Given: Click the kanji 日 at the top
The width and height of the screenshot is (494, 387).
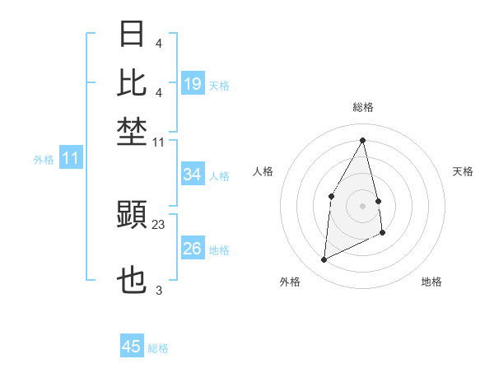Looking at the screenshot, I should [x=133, y=35].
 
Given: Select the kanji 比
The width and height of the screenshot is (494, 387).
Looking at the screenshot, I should [x=133, y=82].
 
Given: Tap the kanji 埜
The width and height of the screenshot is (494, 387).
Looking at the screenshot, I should [x=133, y=131].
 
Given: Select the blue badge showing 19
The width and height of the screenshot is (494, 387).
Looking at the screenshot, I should [x=193, y=84].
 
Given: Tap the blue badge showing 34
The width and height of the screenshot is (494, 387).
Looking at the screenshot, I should [x=193, y=175].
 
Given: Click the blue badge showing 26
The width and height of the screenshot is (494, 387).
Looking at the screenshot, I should [x=193, y=249].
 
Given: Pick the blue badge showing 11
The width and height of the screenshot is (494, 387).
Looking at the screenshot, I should [x=70, y=158].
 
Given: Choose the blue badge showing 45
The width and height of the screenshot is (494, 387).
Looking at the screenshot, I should [x=132, y=347].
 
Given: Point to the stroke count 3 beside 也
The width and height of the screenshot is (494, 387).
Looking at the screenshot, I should [x=159, y=291].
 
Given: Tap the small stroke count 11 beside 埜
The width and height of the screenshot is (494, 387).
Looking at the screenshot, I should [x=159, y=142].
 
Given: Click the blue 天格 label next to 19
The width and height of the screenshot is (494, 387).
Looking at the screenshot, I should [x=219, y=85].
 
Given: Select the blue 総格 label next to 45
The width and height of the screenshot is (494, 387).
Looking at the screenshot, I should [x=158, y=348].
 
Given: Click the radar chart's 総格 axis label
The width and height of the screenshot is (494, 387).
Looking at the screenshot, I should [x=362, y=107].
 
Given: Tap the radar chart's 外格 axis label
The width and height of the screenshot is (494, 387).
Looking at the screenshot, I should [x=290, y=282].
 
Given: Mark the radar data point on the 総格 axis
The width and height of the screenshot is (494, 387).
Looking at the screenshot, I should [x=362, y=140].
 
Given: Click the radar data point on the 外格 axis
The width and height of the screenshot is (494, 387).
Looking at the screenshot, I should [x=324, y=260].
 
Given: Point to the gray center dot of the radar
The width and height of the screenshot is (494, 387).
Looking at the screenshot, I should [x=362, y=206].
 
